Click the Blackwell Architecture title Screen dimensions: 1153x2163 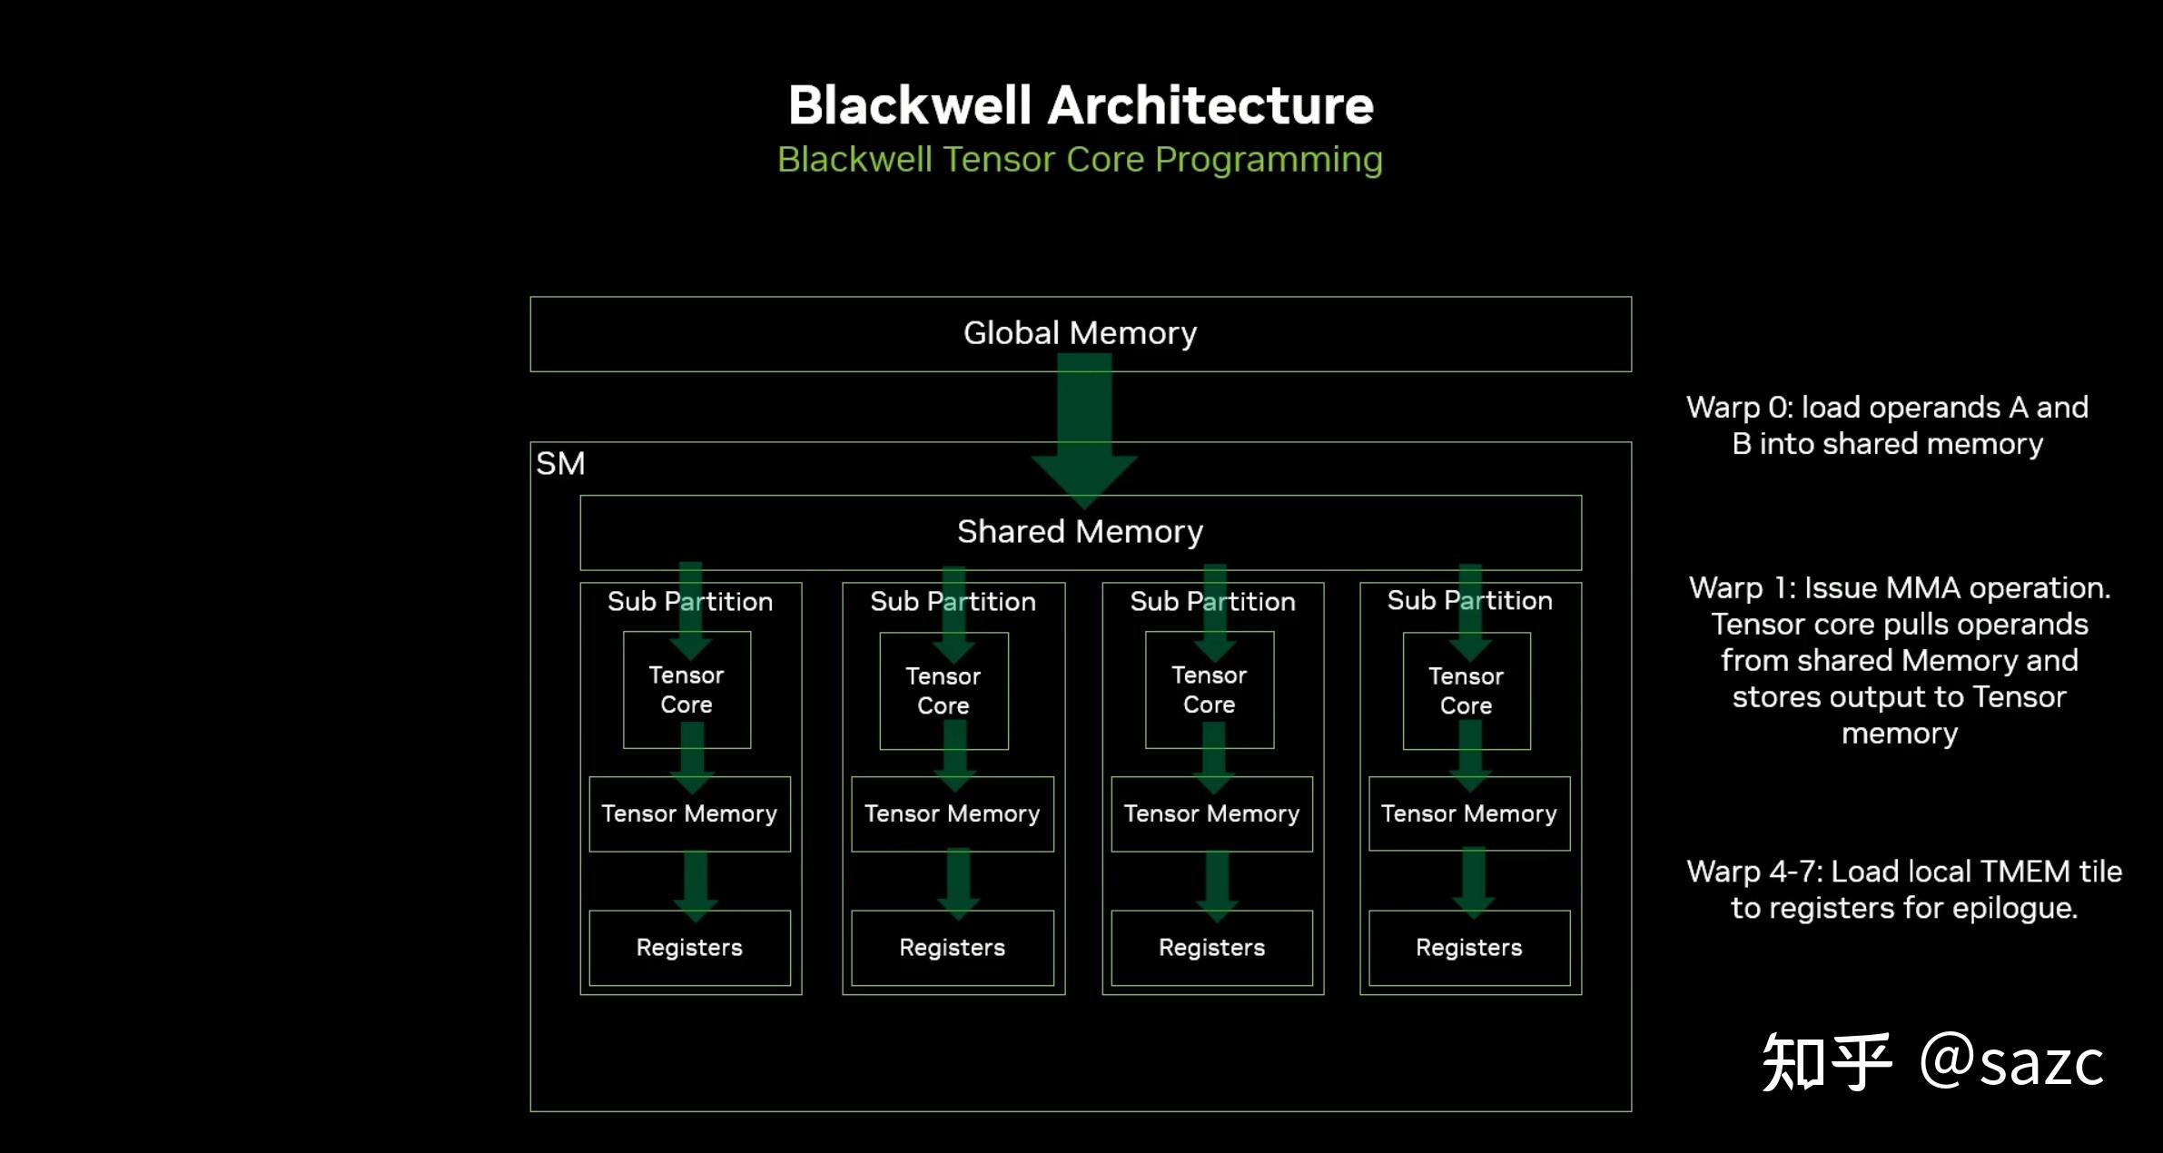point(1081,105)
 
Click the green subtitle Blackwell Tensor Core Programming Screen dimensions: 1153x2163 point(1080,160)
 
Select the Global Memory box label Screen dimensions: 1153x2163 point(1080,333)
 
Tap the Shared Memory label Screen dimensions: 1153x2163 point(1080,531)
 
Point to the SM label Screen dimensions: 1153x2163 point(560,464)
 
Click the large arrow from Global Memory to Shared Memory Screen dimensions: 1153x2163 point(1084,427)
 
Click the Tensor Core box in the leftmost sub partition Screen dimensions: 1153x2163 point(686,690)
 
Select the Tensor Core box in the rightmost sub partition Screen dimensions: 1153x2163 point(1466,691)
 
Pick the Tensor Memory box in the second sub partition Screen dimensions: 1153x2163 point(952,813)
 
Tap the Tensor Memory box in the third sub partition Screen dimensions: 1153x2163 point(1211,813)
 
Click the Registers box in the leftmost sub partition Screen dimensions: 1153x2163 point(689,948)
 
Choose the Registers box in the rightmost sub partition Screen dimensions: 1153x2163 point(1468,948)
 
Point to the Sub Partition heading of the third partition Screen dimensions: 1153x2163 point(1212,601)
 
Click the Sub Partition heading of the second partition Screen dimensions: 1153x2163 point(953,601)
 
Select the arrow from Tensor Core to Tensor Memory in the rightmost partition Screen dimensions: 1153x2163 point(1470,758)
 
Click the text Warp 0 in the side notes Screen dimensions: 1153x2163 point(1738,408)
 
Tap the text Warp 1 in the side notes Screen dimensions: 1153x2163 point(1741,588)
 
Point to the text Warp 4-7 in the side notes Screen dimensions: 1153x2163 point(1753,872)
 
